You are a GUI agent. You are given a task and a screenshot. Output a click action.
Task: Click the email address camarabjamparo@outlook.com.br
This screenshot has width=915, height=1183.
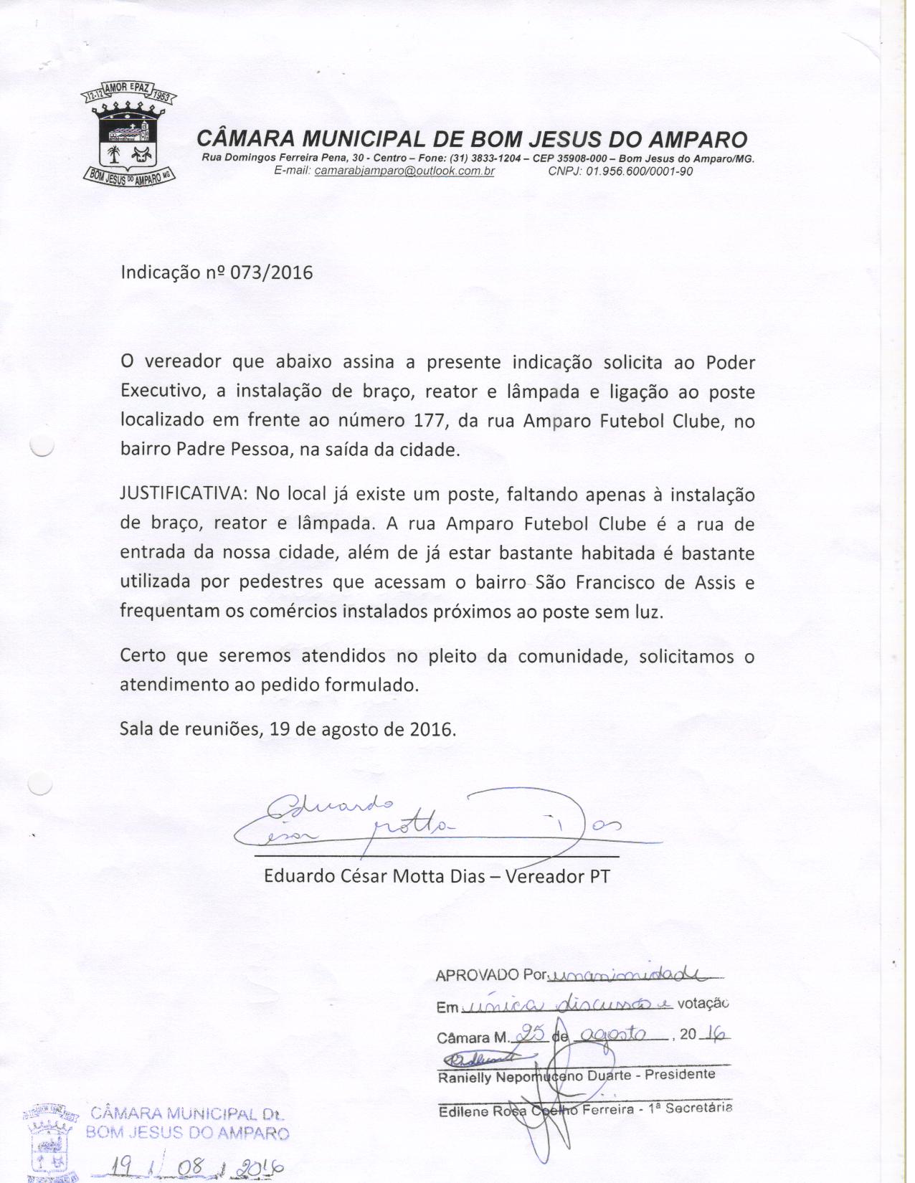click(x=404, y=171)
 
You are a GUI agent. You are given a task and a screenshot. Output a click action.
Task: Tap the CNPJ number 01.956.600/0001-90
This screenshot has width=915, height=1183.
click(x=640, y=171)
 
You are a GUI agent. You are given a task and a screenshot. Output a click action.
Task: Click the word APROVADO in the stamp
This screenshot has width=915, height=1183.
click(x=477, y=976)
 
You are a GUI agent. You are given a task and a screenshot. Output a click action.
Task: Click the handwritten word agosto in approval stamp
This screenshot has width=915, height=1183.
click(x=612, y=1035)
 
